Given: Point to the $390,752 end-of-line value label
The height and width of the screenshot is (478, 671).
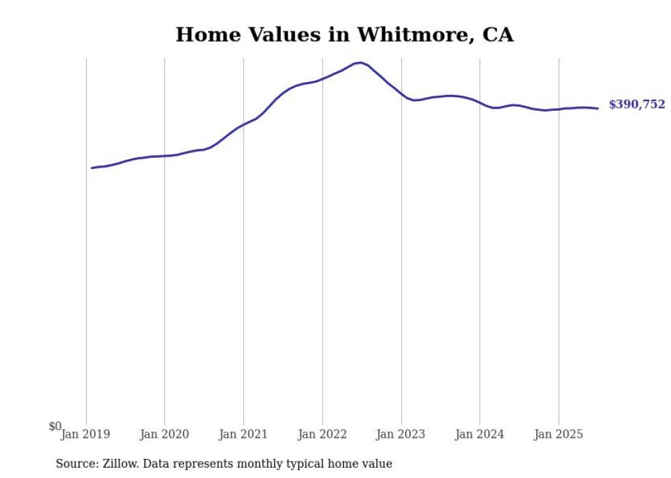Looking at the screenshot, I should [637, 105].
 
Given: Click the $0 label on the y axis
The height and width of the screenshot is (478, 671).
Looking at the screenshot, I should [55, 426].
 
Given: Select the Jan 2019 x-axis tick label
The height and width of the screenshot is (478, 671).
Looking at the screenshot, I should [86, 434].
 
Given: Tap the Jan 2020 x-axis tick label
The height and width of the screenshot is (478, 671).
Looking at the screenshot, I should [164, 434].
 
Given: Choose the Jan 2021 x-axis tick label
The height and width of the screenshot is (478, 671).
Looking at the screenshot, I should [243, 434].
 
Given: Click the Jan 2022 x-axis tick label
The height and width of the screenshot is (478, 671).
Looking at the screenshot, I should [322, 434].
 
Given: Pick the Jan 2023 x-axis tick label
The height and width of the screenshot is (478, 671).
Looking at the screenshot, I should [401, 434].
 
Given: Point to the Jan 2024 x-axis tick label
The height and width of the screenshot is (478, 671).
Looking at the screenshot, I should [480, 434].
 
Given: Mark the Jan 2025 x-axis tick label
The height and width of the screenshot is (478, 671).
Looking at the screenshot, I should [559, 434].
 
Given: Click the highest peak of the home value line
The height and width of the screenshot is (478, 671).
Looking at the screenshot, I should [361, 63].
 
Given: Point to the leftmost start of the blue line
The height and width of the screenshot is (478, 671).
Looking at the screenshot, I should [92, 168].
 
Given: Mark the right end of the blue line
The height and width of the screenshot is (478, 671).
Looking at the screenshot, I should [598, 108].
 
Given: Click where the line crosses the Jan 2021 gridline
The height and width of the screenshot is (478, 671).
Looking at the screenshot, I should [243, 124].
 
